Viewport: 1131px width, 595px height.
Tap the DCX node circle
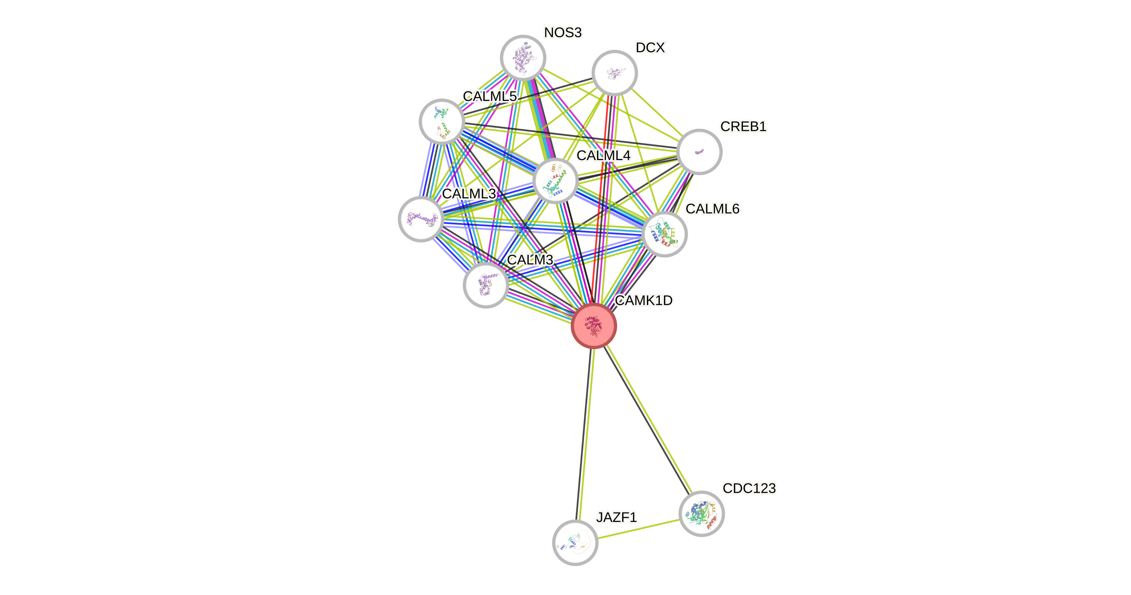point(614,73)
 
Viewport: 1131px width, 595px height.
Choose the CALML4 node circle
point(555,181)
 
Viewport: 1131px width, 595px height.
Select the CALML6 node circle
point(664,233)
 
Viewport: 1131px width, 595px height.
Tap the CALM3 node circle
point(485,285)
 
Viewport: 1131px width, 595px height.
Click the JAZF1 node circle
point(575,542)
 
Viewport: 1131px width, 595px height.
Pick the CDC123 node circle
point(701,513)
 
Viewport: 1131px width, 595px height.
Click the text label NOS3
point(563,32)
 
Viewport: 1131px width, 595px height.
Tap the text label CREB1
point(743,126)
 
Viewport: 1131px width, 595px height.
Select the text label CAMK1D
point(644,300)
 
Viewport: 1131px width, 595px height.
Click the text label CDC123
point(749,488)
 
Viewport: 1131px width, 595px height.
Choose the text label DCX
point(650,47)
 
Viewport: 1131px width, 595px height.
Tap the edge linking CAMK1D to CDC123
point(648,419)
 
